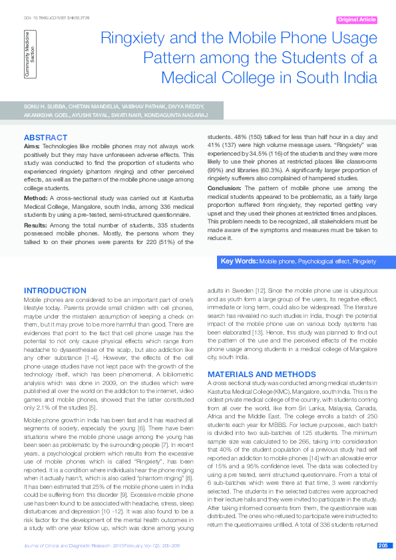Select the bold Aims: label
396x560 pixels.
[x=31, y=145]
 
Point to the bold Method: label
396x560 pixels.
[x=35, y=198]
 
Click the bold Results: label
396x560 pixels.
[x=36, y=227]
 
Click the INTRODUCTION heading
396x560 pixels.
[x=55, y=291]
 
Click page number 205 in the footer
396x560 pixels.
[x=383, y=546]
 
